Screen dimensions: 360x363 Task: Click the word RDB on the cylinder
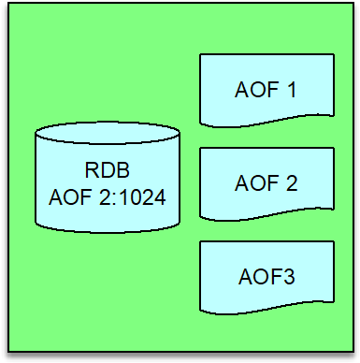[108, 170]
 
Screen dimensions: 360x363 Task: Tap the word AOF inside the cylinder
[70, 197]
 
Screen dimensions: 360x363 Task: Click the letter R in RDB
[92, 170]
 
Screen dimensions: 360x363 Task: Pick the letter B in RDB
[123, 170]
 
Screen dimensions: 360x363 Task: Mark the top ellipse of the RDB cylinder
[108, 133]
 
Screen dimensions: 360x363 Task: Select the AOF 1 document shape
[266, 90]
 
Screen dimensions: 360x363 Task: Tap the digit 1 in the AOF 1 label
[291, 90]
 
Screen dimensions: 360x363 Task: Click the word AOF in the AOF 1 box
[256, 90]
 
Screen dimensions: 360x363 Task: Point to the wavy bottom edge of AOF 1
[266, 122]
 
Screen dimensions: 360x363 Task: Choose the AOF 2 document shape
[266, 184]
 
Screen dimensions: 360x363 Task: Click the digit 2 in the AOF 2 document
[292, 183]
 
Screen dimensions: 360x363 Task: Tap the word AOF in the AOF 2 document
[256, 183]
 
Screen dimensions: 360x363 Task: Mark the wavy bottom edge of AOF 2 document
[266, 215]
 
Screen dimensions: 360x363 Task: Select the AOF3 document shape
[266, 277]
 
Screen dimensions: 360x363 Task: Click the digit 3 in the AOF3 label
[288, 277]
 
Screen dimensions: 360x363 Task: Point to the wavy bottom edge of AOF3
[266, 309]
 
